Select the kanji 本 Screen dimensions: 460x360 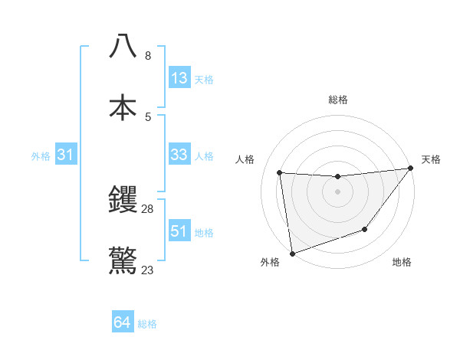click(x=123, y=107)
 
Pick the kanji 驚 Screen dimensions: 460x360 click(x=123, y=260)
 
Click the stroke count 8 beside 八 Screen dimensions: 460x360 click(x=148, y=55)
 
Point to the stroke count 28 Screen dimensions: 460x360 click(x=148, y=208)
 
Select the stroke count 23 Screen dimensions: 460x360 click(x=148, y=270)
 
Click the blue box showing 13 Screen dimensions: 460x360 click(x=179, y=78)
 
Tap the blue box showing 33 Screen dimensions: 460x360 click(x=179, y=155)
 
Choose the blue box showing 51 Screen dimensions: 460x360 click(x=179, y=231)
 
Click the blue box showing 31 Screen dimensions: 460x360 click(x=66, y=155)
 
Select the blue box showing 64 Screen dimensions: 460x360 click(x=123, y=323)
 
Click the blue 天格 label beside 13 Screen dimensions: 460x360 click(x=204, y=79)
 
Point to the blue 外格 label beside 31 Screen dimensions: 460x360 click(x=41, y=156)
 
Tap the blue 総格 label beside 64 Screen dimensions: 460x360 click(x=147, y=324)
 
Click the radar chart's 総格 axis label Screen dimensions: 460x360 click(x=338, y=100)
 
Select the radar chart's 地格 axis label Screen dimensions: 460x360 click(x=402, y=263)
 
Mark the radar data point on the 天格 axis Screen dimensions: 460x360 click(x=410, y=169)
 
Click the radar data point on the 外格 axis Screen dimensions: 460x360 click(x=292, y=253)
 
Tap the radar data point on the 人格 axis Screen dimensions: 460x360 click(x=280, y=172)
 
